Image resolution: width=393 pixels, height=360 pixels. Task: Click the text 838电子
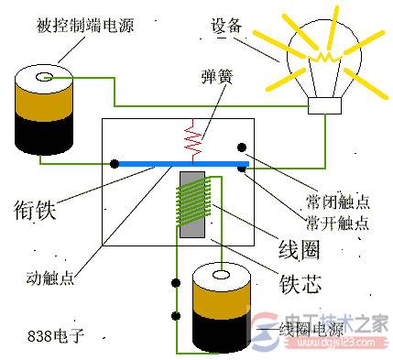point(56,335)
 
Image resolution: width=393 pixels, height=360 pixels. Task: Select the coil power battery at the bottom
point(220,307)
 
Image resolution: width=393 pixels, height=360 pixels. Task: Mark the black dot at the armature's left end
point(115,164)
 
